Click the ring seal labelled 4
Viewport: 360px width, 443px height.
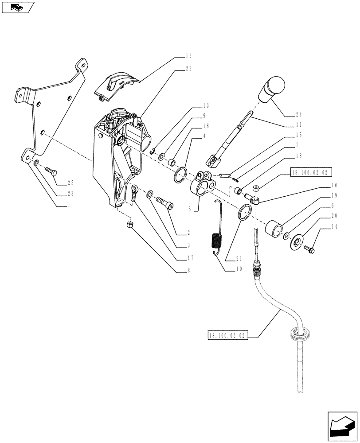(x=180, y=175)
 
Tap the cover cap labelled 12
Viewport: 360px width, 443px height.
(x=116, y=85)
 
